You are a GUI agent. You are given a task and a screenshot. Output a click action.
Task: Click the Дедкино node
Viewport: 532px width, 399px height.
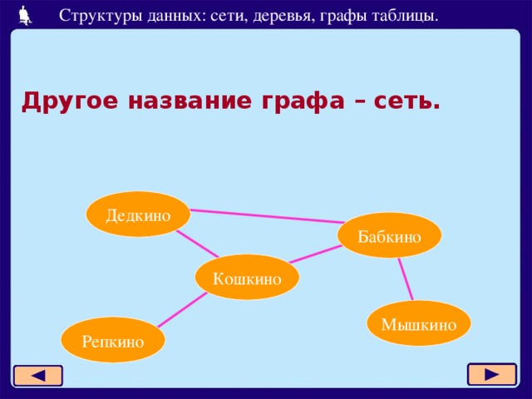[x=138, y=214]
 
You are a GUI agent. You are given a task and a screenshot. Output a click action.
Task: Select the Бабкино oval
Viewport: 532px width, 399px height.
[x=389, y=236]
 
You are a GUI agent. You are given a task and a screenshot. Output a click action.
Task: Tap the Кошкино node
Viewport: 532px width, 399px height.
[x=247, y=278]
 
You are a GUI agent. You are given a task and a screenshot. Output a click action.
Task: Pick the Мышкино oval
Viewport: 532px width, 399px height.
[x=419, y=323]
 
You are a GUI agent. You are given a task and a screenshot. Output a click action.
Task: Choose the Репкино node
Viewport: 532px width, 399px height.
[x=113, y=340]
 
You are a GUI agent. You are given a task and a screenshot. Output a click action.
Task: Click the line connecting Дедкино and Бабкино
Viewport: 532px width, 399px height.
[x=266, y=215]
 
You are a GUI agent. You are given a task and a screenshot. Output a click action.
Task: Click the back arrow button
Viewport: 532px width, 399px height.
[x=37, y=375]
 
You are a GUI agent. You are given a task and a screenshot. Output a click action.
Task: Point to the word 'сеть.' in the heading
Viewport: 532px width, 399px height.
[x=403, y=101]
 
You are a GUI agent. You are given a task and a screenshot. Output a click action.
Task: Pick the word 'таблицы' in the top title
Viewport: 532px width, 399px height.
[x=404, y=15]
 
